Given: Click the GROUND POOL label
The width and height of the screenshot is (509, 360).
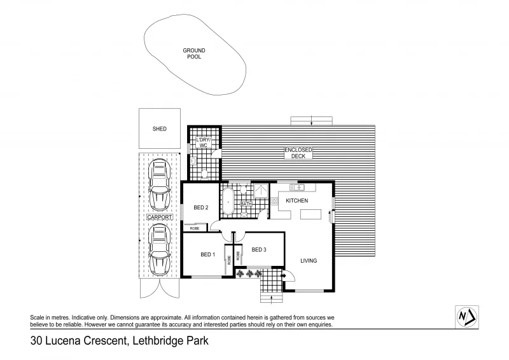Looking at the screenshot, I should tap(194, 53).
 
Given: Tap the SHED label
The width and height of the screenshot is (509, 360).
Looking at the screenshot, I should tap(159, 129).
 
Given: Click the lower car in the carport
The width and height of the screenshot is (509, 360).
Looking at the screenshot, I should tap(158, 249).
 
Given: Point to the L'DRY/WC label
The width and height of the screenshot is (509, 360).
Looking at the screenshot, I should tap(204, 142).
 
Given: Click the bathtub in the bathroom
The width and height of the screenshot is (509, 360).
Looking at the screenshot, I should tap(227, 201).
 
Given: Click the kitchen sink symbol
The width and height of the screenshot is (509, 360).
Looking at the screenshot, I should tap(297, 187).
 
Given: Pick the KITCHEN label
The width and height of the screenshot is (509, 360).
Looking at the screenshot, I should tap(296, 201).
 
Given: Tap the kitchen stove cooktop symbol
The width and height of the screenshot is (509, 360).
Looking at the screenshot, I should tap(274, 202).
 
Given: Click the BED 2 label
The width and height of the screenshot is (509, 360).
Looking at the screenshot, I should tap(201, 207).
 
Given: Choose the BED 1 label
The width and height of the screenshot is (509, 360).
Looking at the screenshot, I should tap(207, 255).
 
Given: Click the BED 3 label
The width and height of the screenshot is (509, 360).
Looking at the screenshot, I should tap(258, 249).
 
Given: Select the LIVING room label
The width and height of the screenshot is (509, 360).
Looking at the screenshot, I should tap(309, 261).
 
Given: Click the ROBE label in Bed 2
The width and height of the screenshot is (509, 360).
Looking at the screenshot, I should tap(195, 227).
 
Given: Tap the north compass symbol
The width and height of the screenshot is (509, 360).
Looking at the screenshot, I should tap(468, 316).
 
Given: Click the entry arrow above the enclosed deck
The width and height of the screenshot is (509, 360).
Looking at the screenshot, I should tap(310, 121).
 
